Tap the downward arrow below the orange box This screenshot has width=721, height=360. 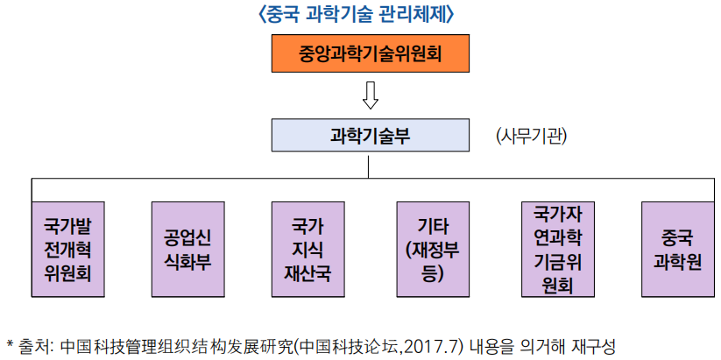click(x=371, y=95)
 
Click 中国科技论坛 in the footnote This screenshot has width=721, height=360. click(x=371, y=345)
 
